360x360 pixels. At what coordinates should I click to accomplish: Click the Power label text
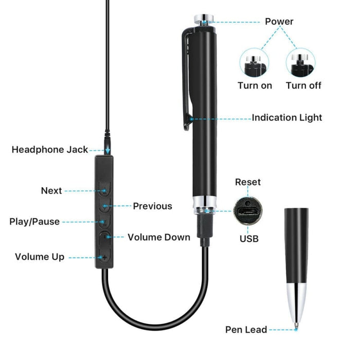[x=279, y=22]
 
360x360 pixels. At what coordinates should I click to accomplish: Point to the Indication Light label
[x=286, y=118]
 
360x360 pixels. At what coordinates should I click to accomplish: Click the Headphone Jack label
[x=50, y=150]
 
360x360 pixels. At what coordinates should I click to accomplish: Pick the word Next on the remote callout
[x=51, y=191]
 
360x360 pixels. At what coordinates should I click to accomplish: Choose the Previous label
[x=153, y=206]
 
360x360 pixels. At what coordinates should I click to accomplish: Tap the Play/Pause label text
[x=34, y=222]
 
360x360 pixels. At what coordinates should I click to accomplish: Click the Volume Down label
[x=159, y=238]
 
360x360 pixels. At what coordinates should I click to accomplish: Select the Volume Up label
[x=40, y=257]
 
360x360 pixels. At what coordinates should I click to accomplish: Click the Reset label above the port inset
[x=248, y=182]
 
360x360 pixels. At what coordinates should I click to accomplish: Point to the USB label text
[x=249, y=239]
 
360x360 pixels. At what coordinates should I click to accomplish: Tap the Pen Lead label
[x=246, y=330]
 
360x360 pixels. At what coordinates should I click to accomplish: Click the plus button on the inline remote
[x=105, y=257]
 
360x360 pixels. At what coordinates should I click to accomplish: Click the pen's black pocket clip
[x=187, y=77]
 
